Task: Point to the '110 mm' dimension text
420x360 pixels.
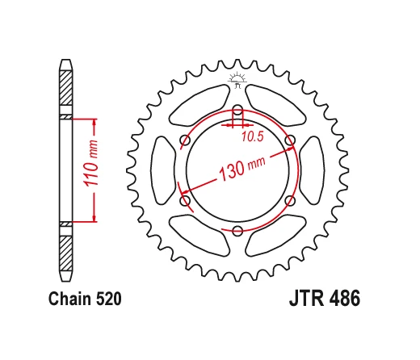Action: point(91,170)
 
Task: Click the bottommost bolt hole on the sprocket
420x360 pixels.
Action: point(237,232)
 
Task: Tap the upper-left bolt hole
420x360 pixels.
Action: point(185,141)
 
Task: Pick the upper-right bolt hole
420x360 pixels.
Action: point(289,141)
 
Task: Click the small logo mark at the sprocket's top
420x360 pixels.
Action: point(237,78)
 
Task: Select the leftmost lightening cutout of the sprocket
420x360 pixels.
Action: point(163,171)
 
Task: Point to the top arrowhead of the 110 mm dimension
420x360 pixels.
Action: point(96,123)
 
